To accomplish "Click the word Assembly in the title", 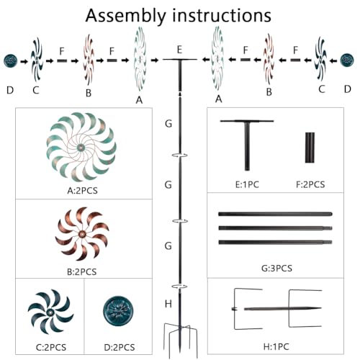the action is tap(126, 16).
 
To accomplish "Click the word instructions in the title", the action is tap(222, 15).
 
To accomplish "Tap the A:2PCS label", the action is tap(82, 191).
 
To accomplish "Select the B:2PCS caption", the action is tap(82, 272).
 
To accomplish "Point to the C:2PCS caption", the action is tap(51, 347).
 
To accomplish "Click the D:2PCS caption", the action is tap(120, 347).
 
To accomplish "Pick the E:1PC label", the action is tap(247, 185).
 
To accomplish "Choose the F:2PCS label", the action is tap(310, 185).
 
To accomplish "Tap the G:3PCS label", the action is tap(276, 268).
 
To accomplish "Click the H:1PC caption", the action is tap(276, 347).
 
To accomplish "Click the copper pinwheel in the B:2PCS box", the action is tap(82, 233).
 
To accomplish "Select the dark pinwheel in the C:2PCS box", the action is tap(50, 312).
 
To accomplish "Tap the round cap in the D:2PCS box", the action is tap(118, 311).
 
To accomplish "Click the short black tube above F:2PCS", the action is tap(310, 148).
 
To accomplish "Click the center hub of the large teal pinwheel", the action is tap(81, 148).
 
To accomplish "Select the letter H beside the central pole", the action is tap(168, 304).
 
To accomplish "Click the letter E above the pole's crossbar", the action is tap(179, 50).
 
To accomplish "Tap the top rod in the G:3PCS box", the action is tap(275, 214).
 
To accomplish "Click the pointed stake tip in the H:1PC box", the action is tap(320, 308).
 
